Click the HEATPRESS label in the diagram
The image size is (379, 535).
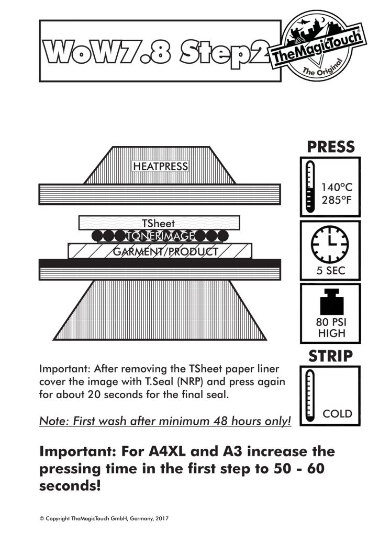tap(160, 166)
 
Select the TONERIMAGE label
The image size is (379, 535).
tap(159, 235)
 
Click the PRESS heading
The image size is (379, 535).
tap(330, 147)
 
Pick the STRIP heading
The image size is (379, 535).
tap(330, 356)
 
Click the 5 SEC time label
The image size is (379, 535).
tap(330, 271)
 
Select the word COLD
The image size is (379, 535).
tap(337, 414)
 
